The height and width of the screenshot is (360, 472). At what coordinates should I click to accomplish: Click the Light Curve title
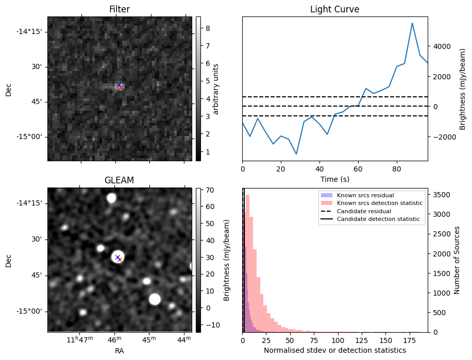click(334, 9)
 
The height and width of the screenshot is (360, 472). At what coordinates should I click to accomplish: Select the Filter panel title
click(120, 9)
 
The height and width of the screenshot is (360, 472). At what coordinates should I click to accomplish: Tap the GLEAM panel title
click(120, 180)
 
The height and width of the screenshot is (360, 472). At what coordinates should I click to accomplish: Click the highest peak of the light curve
click(412, 23)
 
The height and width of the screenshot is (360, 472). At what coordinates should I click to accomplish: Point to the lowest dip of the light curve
click(296, 154)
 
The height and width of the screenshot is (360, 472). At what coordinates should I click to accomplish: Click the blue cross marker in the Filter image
click(119, 84)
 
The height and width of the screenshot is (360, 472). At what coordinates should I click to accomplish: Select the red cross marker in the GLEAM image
click(120, 260)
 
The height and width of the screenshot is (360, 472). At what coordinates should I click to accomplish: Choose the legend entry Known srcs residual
click(365, 196)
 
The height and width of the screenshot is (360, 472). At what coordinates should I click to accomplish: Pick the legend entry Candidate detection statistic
click(378, 219)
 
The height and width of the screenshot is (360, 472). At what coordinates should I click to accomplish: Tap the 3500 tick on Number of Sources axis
click(442, 195)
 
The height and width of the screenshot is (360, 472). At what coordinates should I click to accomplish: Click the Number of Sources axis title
click(457, 260)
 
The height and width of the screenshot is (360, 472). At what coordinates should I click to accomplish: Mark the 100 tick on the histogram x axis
click(338, 340)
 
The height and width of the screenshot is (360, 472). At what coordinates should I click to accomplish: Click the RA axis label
click(120, 351)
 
